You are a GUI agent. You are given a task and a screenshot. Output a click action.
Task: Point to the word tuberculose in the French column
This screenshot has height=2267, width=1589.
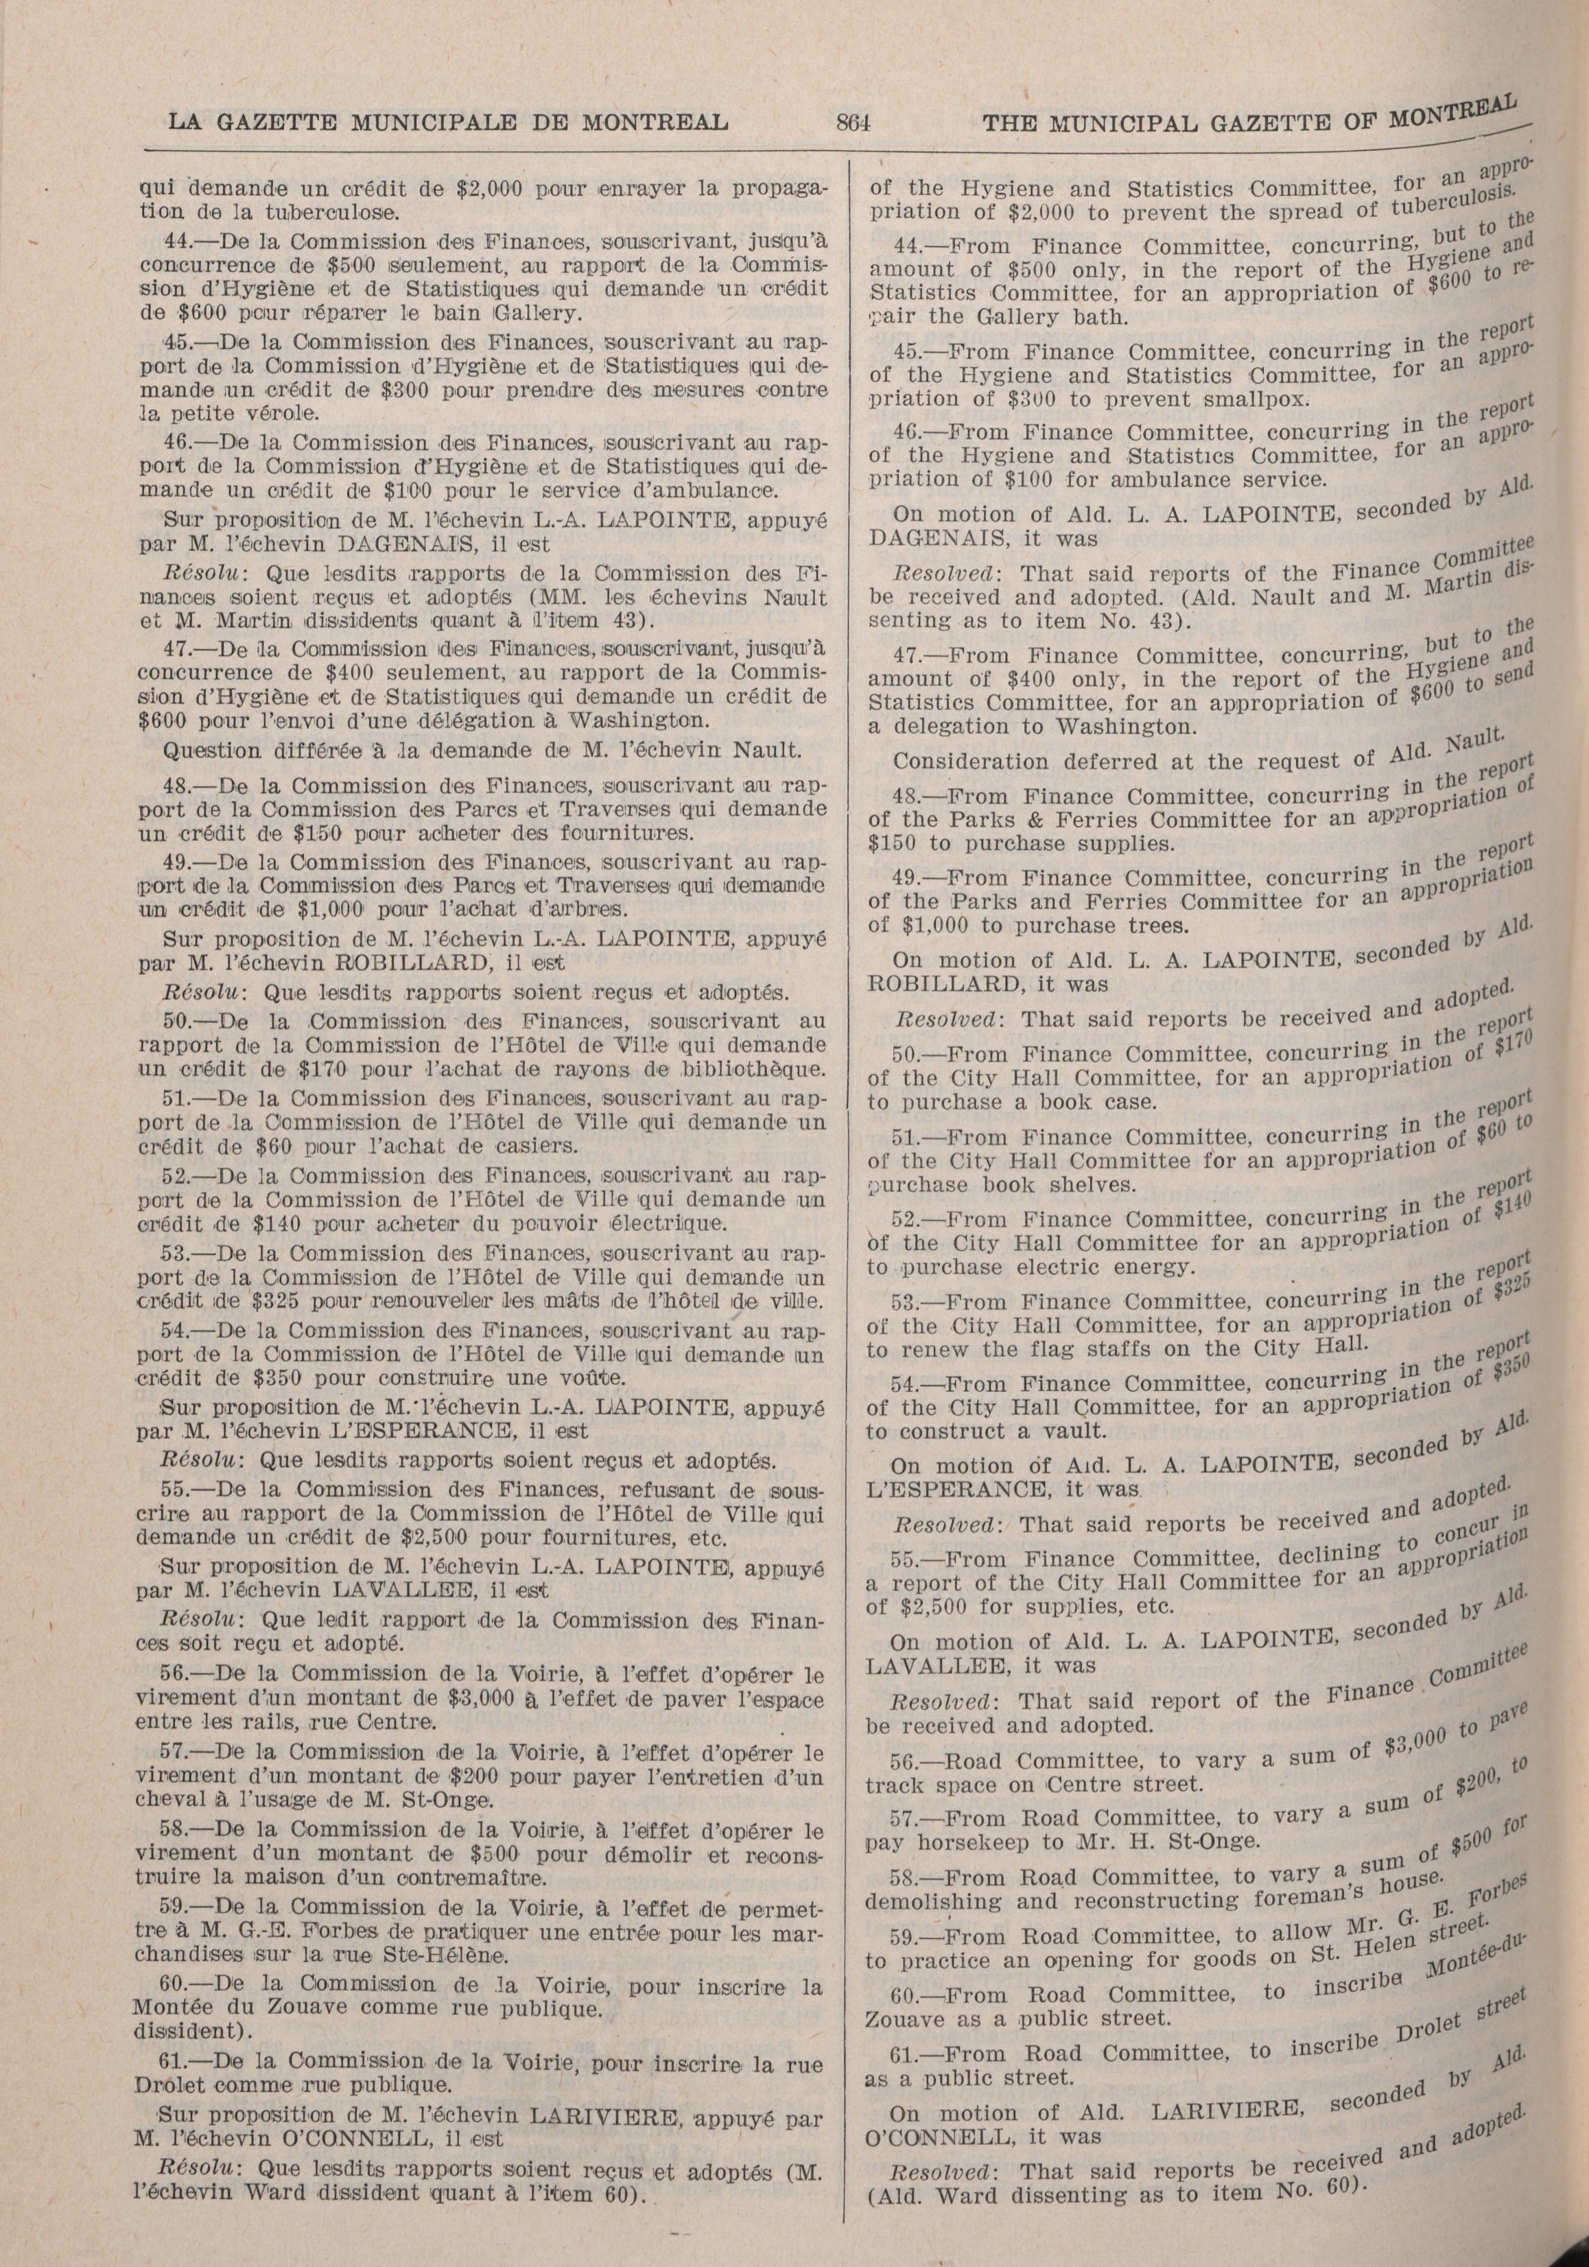(x=318, y=212)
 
